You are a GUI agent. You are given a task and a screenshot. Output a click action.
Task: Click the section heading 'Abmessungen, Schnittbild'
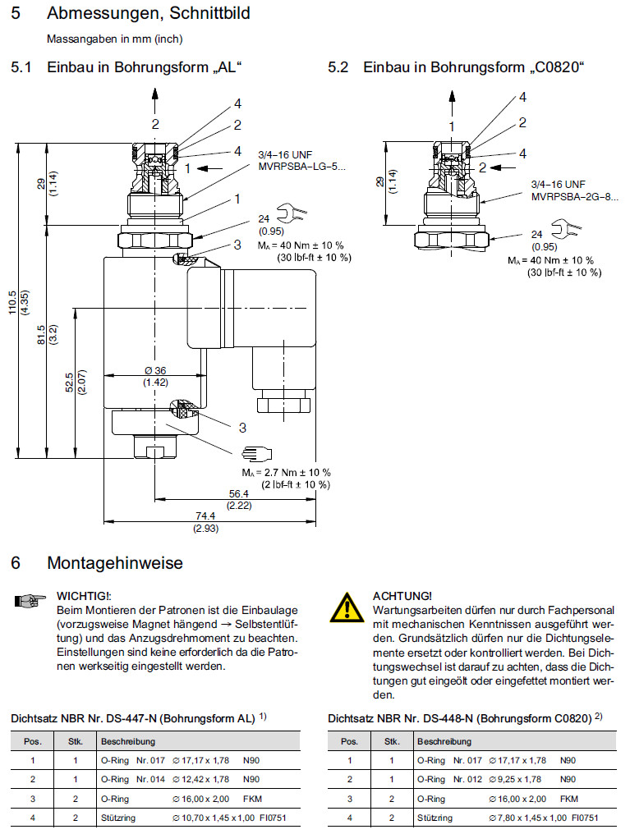click(149, 13)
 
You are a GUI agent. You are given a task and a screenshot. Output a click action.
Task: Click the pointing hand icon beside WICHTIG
click(28, 602)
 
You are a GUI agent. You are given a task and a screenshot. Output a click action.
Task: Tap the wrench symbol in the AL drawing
click(292, 215)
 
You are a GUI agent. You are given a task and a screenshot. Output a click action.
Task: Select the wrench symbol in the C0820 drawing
click(568, 229)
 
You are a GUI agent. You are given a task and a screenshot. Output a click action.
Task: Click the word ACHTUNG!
click(402, 595)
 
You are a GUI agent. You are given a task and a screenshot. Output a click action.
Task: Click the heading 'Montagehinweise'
click(115, 563)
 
